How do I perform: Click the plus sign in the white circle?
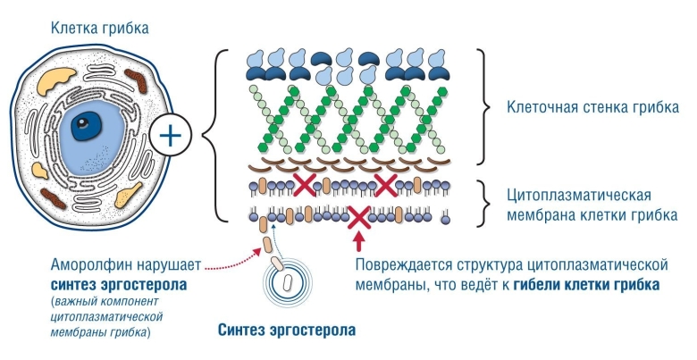(x=171, y=137)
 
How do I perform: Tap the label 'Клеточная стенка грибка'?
(x=592, y=108)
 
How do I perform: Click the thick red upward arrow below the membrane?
(x=360, y=240)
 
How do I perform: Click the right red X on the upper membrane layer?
(x=385, y=186)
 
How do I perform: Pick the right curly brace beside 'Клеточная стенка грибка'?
(x=484, y=108)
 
